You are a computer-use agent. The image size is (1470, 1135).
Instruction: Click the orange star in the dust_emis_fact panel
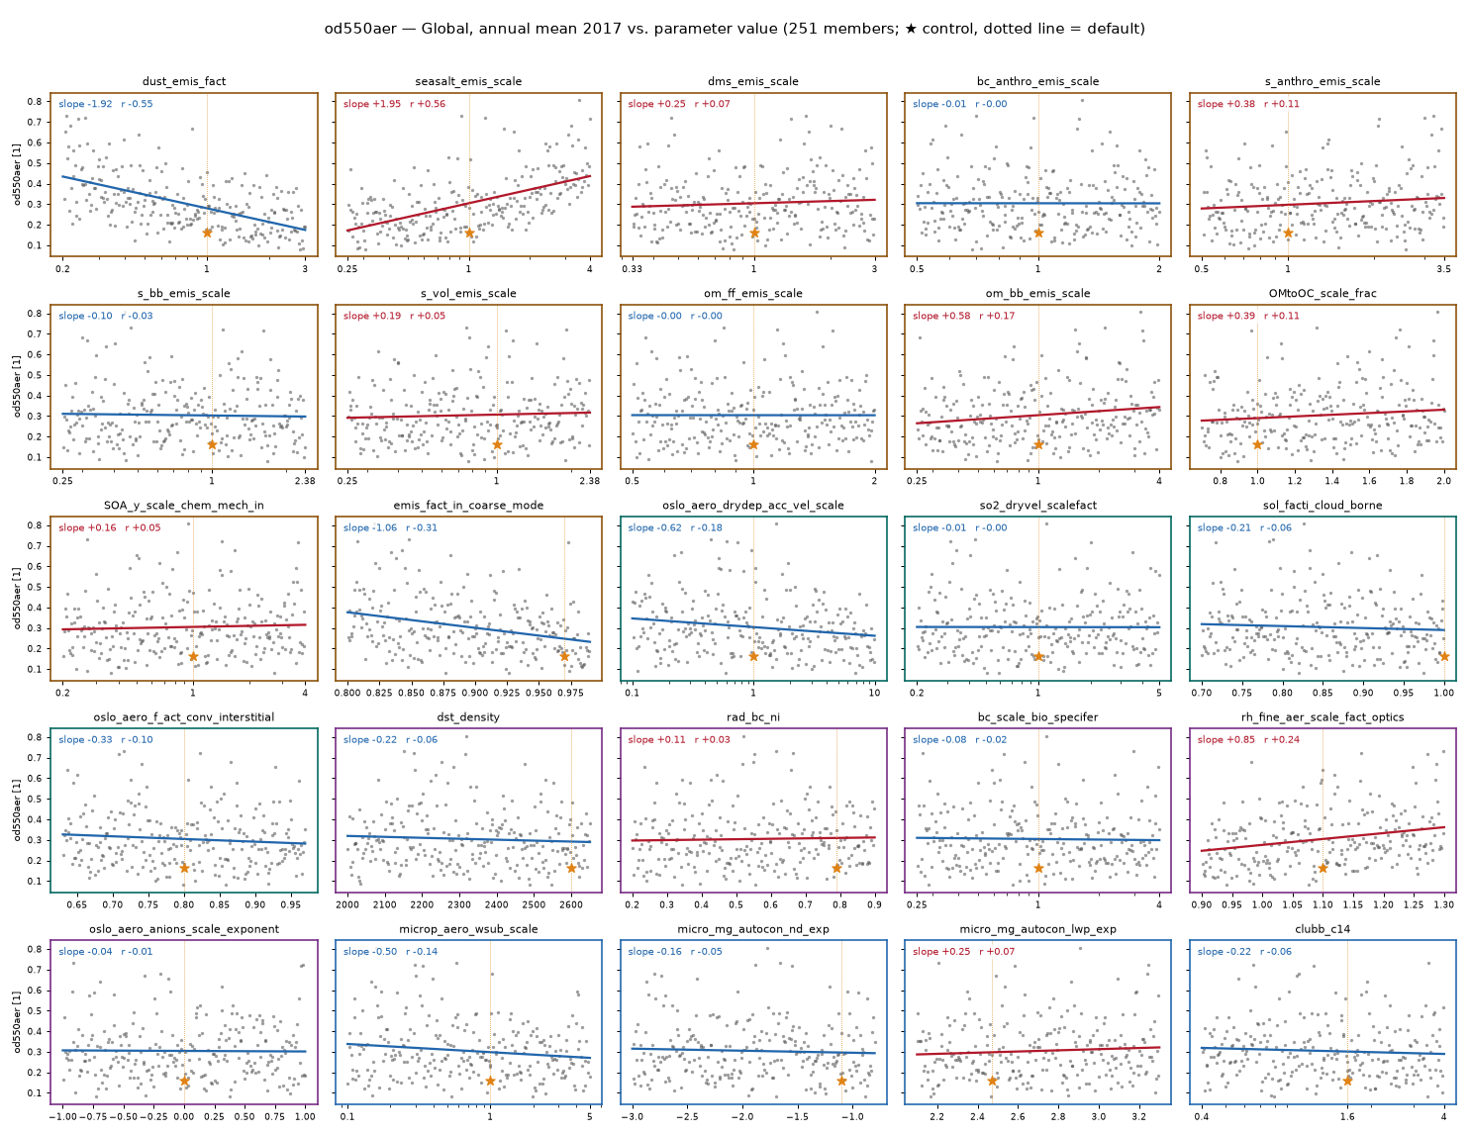pos(207,233)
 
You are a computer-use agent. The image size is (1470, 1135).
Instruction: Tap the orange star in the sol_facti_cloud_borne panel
pos(1443,656)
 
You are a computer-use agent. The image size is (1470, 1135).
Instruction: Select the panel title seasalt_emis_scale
pos(468,81)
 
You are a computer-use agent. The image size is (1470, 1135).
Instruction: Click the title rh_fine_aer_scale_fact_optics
pos(1322,717)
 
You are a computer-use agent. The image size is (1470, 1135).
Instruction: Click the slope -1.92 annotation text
pos(85,104)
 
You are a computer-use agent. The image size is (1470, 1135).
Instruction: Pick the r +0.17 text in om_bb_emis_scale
pos(997,316)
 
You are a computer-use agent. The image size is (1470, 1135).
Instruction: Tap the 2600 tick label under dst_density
pos(571,904)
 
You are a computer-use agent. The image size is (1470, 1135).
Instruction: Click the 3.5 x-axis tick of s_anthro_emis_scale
pos(1443,269)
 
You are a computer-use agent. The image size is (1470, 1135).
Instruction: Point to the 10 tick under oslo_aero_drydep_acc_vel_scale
pos(874,693)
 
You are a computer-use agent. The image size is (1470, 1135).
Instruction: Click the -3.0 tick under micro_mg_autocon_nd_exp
pos(632,1117)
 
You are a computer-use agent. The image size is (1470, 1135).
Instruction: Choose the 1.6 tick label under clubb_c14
pos(1347,1117)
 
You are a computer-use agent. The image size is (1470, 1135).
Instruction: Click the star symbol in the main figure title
pos(912,29)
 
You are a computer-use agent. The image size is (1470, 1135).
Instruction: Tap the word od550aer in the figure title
pos(360,29)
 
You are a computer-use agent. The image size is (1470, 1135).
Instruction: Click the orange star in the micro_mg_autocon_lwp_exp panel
pos(992,1081)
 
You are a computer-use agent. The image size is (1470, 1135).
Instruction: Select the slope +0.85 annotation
pos(1225,739)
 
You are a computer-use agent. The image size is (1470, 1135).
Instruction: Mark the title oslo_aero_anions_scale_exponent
pos(184,929)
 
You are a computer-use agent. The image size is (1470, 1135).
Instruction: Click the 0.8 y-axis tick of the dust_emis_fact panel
pos(35,101)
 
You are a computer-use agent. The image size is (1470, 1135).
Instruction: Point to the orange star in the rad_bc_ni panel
pos(836,868)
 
